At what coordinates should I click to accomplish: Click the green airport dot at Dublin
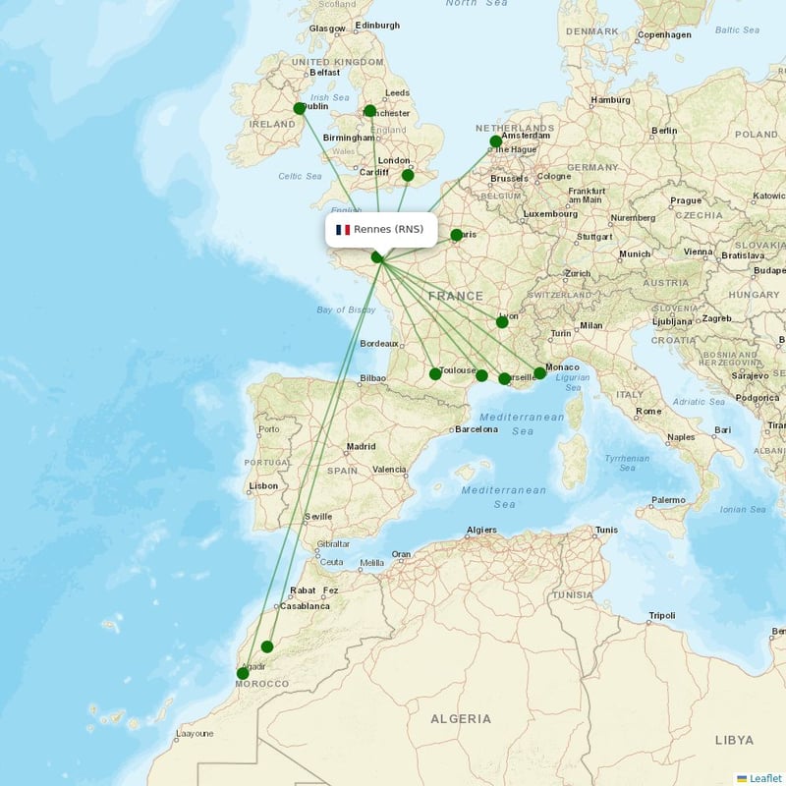click(300, 109)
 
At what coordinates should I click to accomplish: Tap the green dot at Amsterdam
click(496, 141)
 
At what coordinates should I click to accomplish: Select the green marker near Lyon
click(502, 321)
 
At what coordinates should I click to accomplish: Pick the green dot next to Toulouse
click(435, 373)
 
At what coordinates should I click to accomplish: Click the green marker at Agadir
click(243, 673)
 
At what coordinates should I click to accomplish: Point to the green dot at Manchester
click(370, 111)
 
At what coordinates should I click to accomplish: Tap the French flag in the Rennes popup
click(343, 230)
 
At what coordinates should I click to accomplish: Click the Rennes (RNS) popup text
click(389, 230)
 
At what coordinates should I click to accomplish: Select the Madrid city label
click(361, 446)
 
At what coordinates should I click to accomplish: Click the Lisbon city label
click(263, 486)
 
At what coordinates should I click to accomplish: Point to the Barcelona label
click(477, 429)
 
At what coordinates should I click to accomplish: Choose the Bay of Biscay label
click(347, 309)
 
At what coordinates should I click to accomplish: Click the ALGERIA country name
click(461, 719)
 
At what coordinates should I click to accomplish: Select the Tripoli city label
click(661, 616)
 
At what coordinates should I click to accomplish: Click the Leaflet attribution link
click(764, 778)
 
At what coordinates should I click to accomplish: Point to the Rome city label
click(648, 412)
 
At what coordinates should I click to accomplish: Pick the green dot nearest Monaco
click(539, 373)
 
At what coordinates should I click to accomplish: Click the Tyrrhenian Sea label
click(627, 463)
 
